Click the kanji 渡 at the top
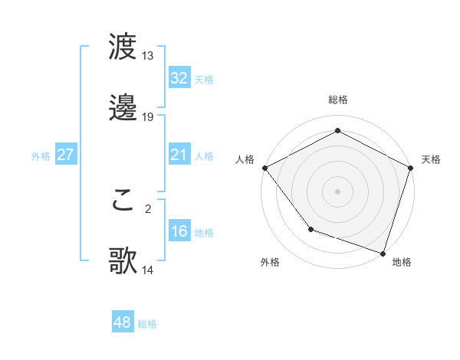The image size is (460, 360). [x=123, y=47]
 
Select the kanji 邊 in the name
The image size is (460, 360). [x=123, y=108]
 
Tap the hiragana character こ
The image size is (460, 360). [x=123, y=200]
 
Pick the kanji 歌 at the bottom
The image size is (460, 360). [x=123, y=261]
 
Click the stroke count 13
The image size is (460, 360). [x=148, y=56]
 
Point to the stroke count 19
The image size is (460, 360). [x=148, y=117]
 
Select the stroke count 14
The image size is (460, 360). [x=148, y=270]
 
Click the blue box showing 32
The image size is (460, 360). [x=179, y=77]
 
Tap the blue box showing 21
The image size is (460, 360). [x=179, y=155]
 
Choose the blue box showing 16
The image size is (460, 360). [x=179, y=231]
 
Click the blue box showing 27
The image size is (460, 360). [x=66, y=155]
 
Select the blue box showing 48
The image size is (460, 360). [x=123, y=322]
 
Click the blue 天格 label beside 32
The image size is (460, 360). [x=204, y=79]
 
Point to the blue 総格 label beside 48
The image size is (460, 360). [x=147, y=324]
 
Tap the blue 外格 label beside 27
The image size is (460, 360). [x=41, y=156]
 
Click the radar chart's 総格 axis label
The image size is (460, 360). [x=338, y=100]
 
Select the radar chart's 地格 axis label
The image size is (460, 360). [x=402, y=263]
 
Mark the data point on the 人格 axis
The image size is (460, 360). [x=264, y=168]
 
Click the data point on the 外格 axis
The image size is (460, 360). [x=310, y=229]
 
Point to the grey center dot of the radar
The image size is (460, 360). [x=338, y=191]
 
